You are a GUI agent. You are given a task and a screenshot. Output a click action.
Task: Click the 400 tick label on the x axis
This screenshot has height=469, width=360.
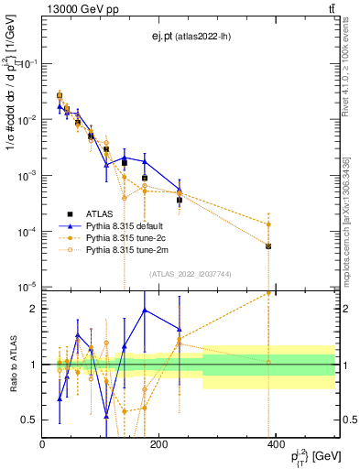pos(274,444)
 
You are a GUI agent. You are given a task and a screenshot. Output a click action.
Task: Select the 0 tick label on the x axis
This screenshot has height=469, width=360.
pos(43,444)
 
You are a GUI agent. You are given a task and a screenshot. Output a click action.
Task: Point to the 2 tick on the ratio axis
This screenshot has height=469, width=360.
pos(35,309)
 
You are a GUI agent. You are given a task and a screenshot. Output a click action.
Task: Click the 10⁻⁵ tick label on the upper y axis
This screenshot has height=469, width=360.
pos(27,287)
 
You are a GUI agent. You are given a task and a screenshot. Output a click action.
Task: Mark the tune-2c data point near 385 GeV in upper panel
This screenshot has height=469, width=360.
pos(268,224)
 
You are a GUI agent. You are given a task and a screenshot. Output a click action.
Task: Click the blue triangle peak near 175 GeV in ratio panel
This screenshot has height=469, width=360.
pos(145,310)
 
